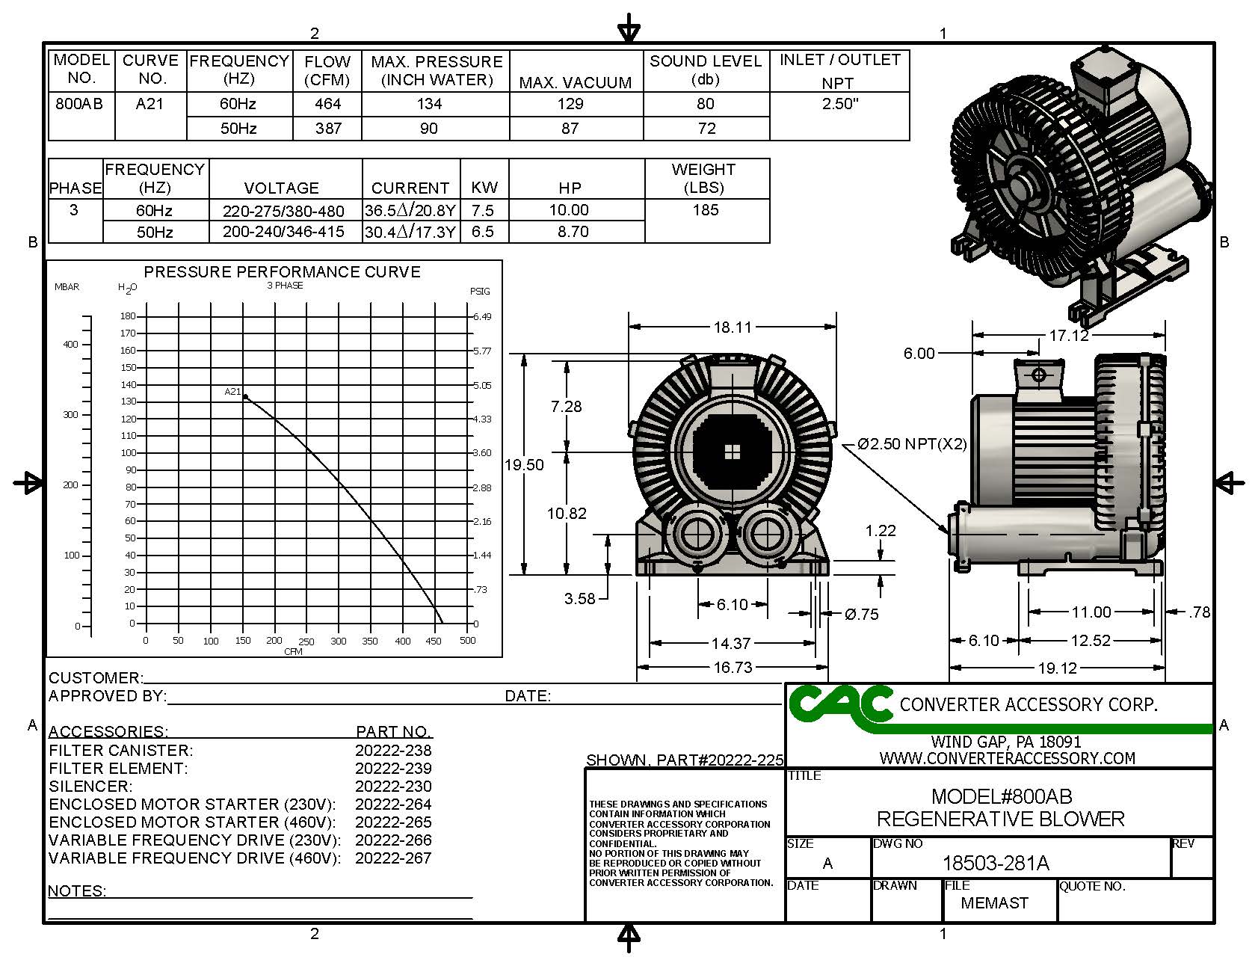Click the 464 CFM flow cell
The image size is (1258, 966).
327,104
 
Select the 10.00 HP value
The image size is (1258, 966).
569,210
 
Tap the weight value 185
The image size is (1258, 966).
706,210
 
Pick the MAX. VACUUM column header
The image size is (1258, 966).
576,82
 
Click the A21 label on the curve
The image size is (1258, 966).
232,392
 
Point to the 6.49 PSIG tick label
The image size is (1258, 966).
482,317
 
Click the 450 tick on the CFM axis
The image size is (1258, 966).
434,642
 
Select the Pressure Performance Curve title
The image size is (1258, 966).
282,272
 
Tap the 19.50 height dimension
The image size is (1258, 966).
524,465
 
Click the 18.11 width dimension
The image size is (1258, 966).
732,327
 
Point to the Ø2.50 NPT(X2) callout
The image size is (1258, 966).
912,444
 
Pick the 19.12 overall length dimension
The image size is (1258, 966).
1057,668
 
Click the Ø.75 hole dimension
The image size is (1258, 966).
861,615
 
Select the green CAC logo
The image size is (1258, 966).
839,705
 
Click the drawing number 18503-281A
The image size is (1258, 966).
996,864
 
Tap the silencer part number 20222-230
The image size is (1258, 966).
393,787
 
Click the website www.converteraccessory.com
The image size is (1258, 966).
1007,758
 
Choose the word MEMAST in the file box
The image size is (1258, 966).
994,903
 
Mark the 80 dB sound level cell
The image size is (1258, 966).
706,104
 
